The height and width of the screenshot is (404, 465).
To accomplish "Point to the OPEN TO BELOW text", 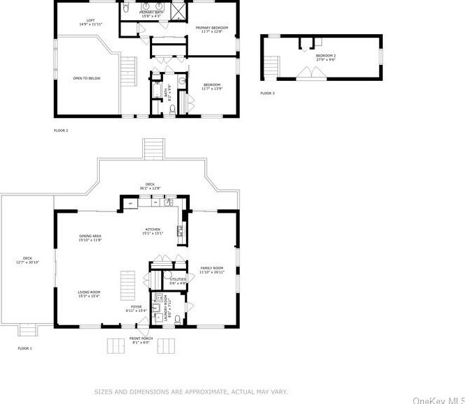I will click(86, 78).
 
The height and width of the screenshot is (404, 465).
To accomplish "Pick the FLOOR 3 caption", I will click(267, 93).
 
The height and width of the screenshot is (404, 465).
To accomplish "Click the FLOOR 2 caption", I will click(61, 130).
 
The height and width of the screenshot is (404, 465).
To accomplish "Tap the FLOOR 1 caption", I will click(25, 348).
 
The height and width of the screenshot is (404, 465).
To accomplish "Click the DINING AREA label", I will click(91, 238).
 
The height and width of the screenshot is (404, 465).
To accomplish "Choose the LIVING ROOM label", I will click(89, 294).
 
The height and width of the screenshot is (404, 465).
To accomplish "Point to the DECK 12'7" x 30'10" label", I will click(27, 260).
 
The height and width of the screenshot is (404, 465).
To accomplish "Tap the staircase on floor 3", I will click(272, 67).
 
